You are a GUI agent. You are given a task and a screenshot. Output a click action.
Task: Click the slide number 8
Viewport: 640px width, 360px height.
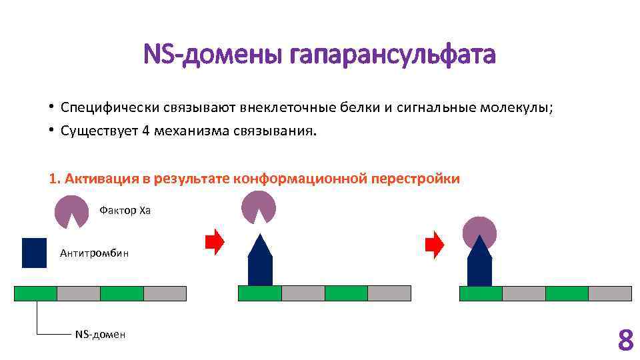tap(625, 340)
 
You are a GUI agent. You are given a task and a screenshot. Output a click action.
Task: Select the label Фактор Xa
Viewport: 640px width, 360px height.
tap(125, 211)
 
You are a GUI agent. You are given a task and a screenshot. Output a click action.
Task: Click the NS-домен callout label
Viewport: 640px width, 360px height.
tap(100, 334)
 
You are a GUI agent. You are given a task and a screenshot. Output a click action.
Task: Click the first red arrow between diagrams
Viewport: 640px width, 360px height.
tap(215, 243)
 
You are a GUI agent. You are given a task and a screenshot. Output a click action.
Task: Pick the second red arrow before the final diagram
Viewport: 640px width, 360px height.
tap(435, 244)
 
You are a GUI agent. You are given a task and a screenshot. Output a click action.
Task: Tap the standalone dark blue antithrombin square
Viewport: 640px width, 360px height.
tap(34, 253)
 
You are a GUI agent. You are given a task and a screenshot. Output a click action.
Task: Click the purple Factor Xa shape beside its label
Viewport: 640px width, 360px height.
tap(71, 210)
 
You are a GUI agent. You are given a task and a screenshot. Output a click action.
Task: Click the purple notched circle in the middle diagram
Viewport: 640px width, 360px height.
tap(259, 205)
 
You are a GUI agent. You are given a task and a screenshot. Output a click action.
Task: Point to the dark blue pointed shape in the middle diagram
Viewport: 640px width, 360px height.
tap(260, 262)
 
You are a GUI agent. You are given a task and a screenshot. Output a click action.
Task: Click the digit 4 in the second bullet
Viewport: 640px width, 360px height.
tap(145, 131)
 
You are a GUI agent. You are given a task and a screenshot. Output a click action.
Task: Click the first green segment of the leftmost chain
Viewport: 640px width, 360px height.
tap(35, 293)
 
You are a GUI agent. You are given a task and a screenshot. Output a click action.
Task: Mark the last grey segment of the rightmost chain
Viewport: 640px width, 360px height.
tap(609, 293)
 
